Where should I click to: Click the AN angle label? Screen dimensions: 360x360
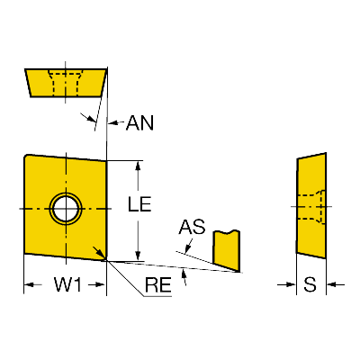pyautogui.click(x=139, y=123)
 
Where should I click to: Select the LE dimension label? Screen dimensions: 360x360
pyautogui.click(x=139, y=204)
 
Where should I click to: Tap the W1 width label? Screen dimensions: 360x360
pyautogui.click(x=67, y=284)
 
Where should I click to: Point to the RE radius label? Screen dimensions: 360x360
pyautogui.click(x=158, y=284)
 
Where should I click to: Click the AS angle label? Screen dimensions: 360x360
pyautogui.click(x=192, y=227)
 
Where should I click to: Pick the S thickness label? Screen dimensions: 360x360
pyautogui.click(x=310, y=284)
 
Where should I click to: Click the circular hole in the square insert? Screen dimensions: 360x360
pyautogui.click(x=66, y=208)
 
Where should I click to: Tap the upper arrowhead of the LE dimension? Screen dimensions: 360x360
pyautogui.click(x=138, y=166)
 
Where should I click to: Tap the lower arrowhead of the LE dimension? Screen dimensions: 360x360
pyautogui.click(x=138, y=256)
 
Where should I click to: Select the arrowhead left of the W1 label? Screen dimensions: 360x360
pyautogui.click(x=29, y=284)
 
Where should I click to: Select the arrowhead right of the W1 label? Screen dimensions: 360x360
pyautogui.click(x=100, y=284)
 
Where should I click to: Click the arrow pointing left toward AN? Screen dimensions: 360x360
pyautogui.click(x=116, y=122)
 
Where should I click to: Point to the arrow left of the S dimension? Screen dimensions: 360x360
pyautogui.click(x=286, y=284)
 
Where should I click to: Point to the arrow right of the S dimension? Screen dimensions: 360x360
pyautogui.click(x=336, y=284)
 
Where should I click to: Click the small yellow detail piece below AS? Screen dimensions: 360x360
pyautogui.click(x=227, y=249)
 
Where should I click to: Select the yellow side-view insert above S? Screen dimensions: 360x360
pyautogui.click(x=311, y=205)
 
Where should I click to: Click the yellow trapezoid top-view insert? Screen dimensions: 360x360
pyautogui.click(x=66, y=83)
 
